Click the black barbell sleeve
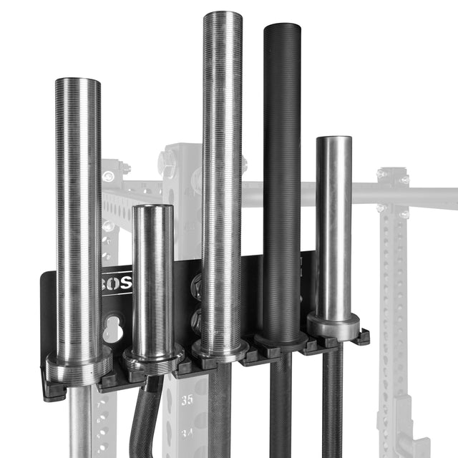[x=282, y=179]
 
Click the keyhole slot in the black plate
[x=112, y=329]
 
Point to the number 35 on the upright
[x=186, y=401]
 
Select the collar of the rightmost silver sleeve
[x=333, y=326]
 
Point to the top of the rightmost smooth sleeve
[x=333, y=140]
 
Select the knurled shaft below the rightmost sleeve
[x=332, y=401]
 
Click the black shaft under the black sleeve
[x=280, y=408]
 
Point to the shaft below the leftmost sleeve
[x=80, y=422]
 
